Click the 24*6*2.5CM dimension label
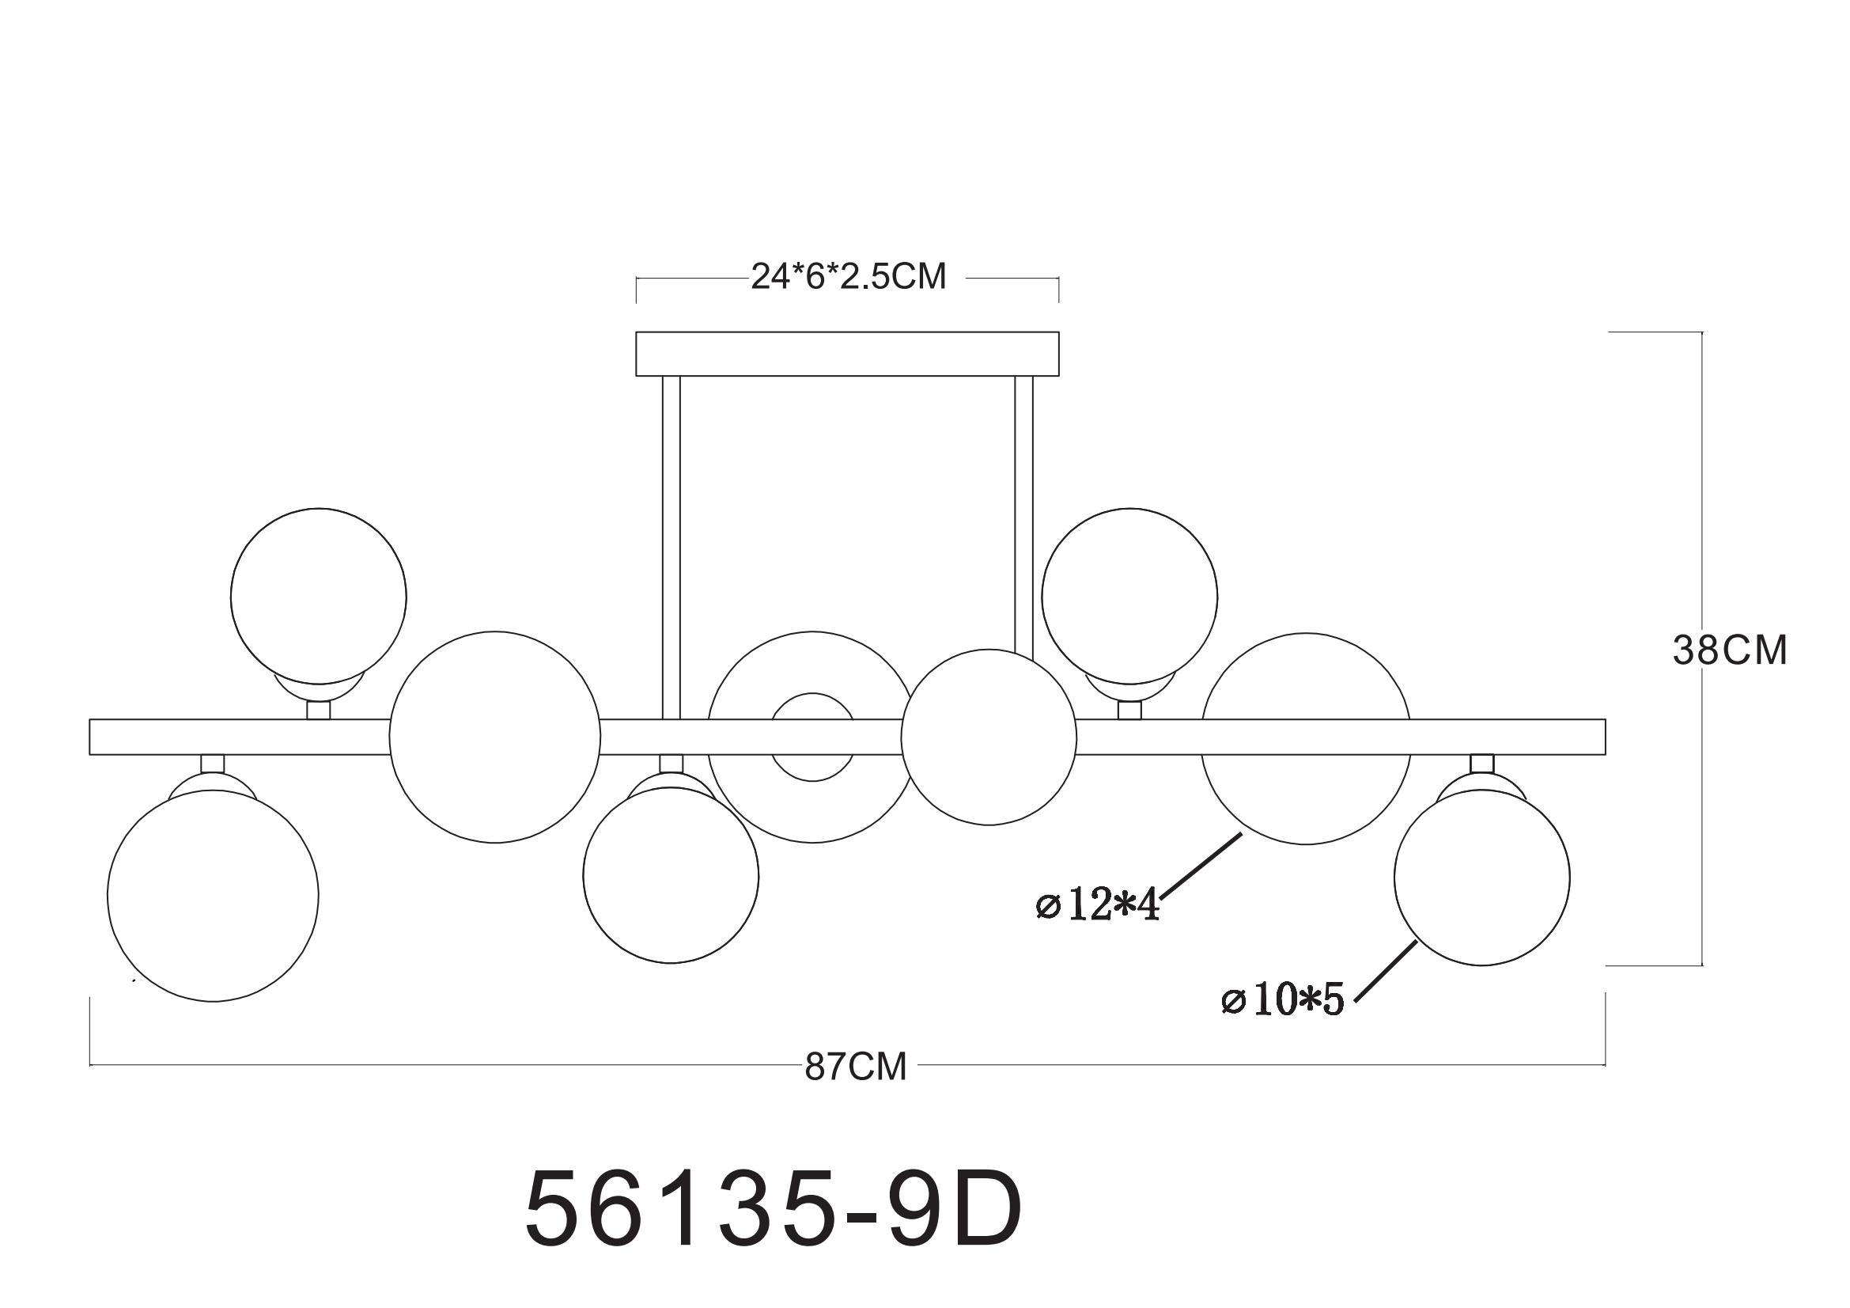click(x=849, y=276)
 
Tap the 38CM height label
click(x=1730, y=650)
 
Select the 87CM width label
click(x=856, y=1067)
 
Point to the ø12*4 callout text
click(x=1098, y=906)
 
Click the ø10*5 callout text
click(x=1283, y=1001)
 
